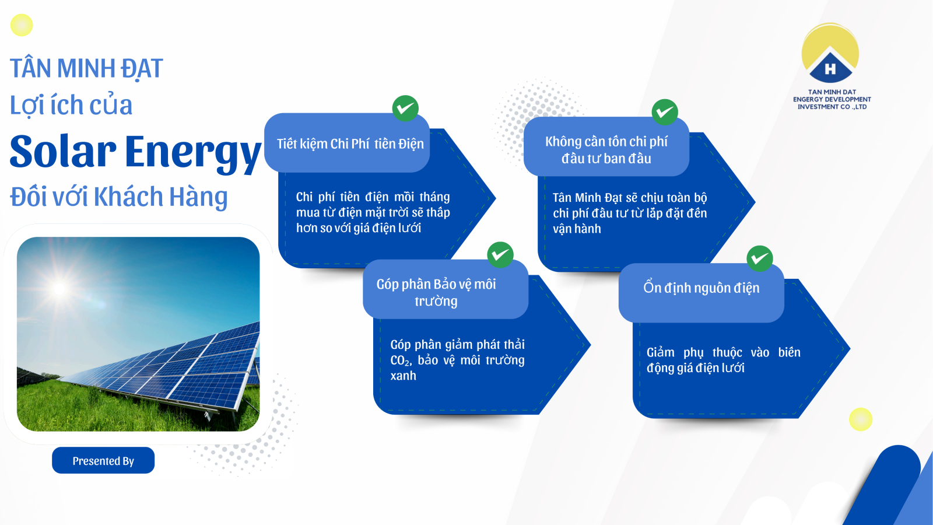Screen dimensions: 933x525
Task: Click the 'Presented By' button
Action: click(103, 460)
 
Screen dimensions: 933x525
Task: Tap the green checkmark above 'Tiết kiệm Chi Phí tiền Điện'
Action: click(405, 108)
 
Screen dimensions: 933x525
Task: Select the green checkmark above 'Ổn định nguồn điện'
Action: click(760, 259)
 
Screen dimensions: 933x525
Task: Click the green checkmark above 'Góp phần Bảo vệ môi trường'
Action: click(500, 254)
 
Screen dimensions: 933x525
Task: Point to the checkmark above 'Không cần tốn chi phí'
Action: click(665, 112)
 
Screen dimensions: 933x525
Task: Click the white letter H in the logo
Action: click(830, 69)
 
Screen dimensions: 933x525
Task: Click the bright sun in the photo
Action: click(59, 288)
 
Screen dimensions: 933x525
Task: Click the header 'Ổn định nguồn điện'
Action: click(701, 288)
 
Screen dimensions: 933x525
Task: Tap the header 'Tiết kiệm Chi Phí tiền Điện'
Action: click(350, 143)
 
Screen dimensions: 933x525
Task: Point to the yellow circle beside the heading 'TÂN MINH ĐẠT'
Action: click(22, 25)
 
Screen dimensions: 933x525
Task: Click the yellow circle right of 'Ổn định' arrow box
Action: click(861, 419)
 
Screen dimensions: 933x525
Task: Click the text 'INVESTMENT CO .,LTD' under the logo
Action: click(832, 107)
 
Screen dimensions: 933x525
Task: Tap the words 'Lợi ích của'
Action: click(71, 105)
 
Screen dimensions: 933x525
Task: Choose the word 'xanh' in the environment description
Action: click(403, 376)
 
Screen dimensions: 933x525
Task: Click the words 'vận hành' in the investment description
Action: click(577, 229)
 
